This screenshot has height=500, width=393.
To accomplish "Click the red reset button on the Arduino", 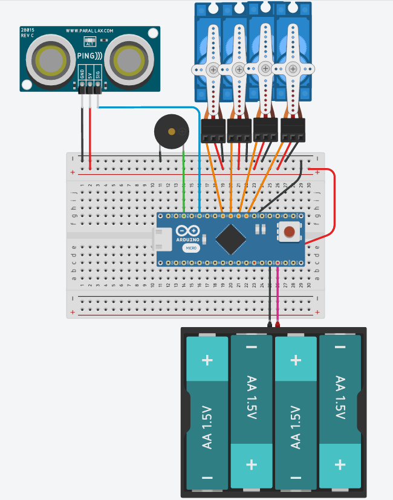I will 291,231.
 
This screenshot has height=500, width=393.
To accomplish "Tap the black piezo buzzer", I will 170,131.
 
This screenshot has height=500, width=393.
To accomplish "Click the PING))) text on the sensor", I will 89,56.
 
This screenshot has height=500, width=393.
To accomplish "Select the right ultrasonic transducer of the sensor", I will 128,59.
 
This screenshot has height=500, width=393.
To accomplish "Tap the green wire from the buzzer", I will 183,181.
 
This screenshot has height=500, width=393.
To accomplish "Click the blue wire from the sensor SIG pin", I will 199,163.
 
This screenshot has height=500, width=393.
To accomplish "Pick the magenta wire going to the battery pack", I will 278,296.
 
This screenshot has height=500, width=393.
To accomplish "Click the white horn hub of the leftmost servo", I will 213,70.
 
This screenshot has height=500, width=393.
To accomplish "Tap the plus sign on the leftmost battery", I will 207,360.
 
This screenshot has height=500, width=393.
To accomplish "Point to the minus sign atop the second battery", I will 252,348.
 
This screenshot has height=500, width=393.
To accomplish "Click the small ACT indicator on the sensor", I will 90,42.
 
